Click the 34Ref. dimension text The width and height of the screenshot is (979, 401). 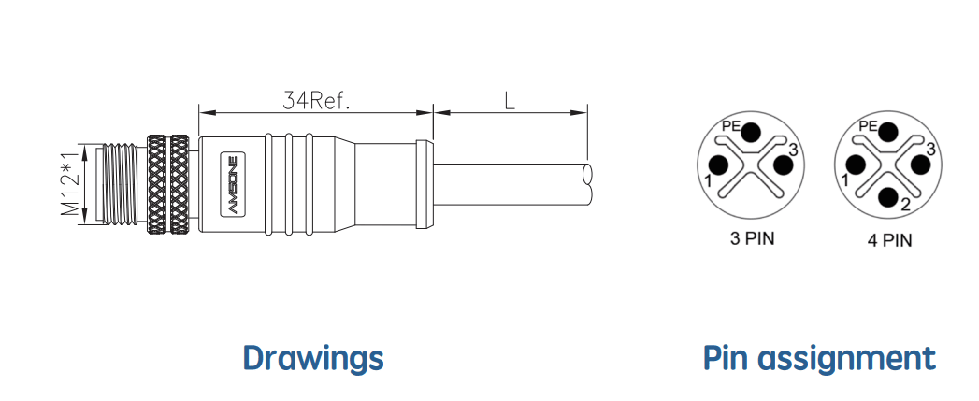pyautogui.click(x=317, y=101)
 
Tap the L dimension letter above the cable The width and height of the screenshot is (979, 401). pyautogui.click(x=511, y=101)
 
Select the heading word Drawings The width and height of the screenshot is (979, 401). pyautogui.click(x=313, y=357)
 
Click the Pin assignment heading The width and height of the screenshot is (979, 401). pyautogui.click(x=819, y=358)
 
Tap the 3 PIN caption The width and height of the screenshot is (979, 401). pyautogui.click(x=752, y=238)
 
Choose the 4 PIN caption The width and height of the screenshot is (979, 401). pyautogui.click(x=889, y=240)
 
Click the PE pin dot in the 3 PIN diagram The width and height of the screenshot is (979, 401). pyautogui.click(x=752, y=133)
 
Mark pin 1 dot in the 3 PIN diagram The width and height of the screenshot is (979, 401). pyautogui.click(x=720, y=165)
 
